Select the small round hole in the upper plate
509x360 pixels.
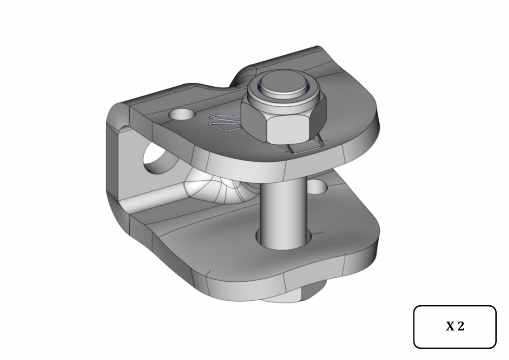coord(181,114)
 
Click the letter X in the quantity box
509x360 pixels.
coord(450,326)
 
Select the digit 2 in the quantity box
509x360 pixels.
coord(461,326)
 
